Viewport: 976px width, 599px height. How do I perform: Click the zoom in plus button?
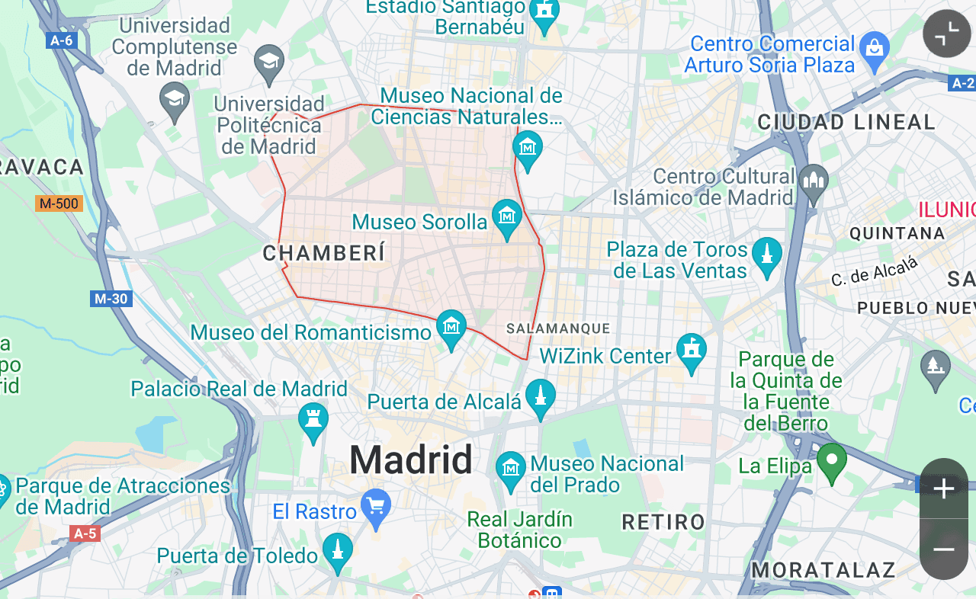point(944,488)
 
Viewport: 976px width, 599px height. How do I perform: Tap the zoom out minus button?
point(944,549)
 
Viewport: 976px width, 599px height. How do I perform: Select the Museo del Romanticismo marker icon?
point(451,328)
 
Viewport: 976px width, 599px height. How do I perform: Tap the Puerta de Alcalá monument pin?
point(541,396)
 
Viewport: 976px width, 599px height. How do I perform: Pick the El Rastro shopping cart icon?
point(375,506)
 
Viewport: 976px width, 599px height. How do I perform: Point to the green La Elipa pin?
point(832,460)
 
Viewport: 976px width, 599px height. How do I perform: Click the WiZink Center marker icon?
point(692,351)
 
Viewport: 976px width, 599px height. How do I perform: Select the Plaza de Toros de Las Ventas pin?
point(767,255)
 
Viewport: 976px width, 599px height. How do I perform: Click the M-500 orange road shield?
point(59,203)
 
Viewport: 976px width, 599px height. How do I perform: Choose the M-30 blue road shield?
point(111,299)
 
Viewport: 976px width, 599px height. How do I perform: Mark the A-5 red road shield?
point(84,533)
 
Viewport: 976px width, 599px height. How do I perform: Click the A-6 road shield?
point(61,40)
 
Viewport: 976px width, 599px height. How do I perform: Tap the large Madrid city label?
point(411,460)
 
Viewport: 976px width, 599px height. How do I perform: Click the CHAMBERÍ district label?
point(324,253)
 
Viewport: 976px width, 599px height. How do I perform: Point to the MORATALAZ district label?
point(823,569)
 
